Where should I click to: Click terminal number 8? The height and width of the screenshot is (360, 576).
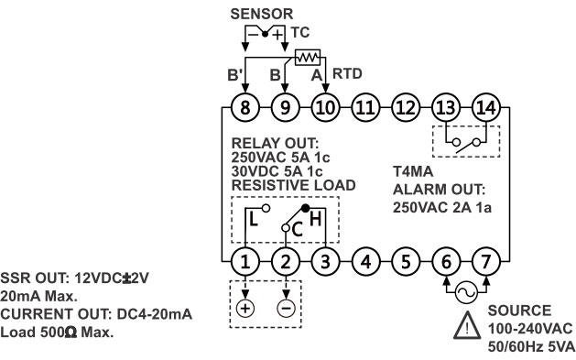[245, 107]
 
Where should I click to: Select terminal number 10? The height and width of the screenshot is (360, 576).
[325, 107]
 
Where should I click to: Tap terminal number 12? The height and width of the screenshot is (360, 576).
[405, 107]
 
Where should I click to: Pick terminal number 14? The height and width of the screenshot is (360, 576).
[485, 107]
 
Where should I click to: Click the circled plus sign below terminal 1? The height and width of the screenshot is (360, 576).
[245, 308]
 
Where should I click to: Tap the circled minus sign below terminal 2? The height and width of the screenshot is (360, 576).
[286, 308]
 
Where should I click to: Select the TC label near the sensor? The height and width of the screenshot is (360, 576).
[299, 31]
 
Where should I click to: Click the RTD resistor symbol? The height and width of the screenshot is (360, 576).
[306, 56]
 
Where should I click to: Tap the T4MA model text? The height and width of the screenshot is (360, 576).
[410, 171]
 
